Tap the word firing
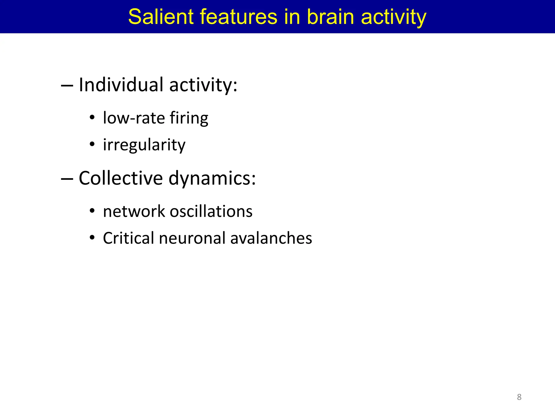coord(189,119)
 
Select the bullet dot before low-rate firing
coord(92,118)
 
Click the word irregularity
coord(144,145)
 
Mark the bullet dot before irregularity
coord(92,144)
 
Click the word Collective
coord(121,178)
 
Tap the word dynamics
coord(212,179)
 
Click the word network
coord(134,211)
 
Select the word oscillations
coord(211,211)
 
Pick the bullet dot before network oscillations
coord(92,211)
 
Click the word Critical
coord(128,238)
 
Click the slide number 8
coord(519,397)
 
